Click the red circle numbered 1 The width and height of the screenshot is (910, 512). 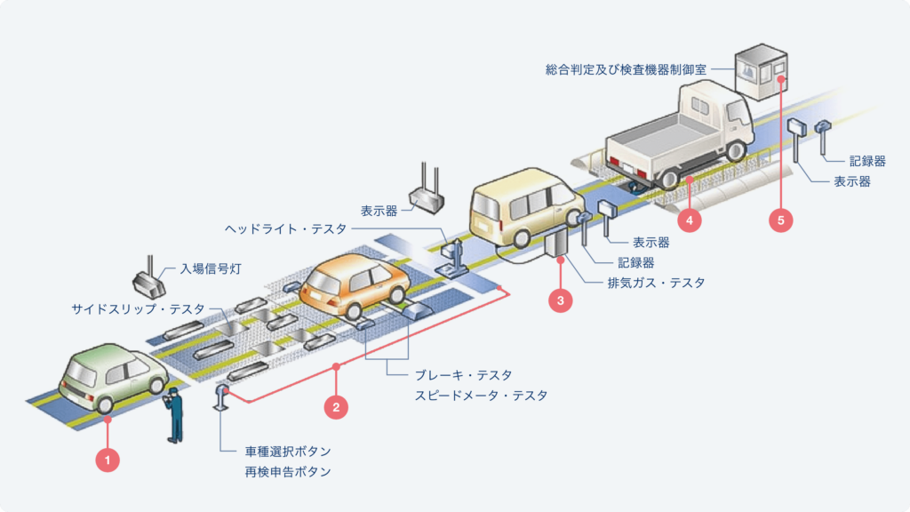(x=107, y=460)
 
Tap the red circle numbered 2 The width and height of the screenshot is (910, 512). (x=336, y=407)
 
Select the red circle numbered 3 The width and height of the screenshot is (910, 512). (x=560, y=301)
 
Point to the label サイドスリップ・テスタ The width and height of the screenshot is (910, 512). (x=138, y=309)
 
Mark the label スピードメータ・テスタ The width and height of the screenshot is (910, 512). (x=481, y=396)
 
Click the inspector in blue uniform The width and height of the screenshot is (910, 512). (x=175, y=413)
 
